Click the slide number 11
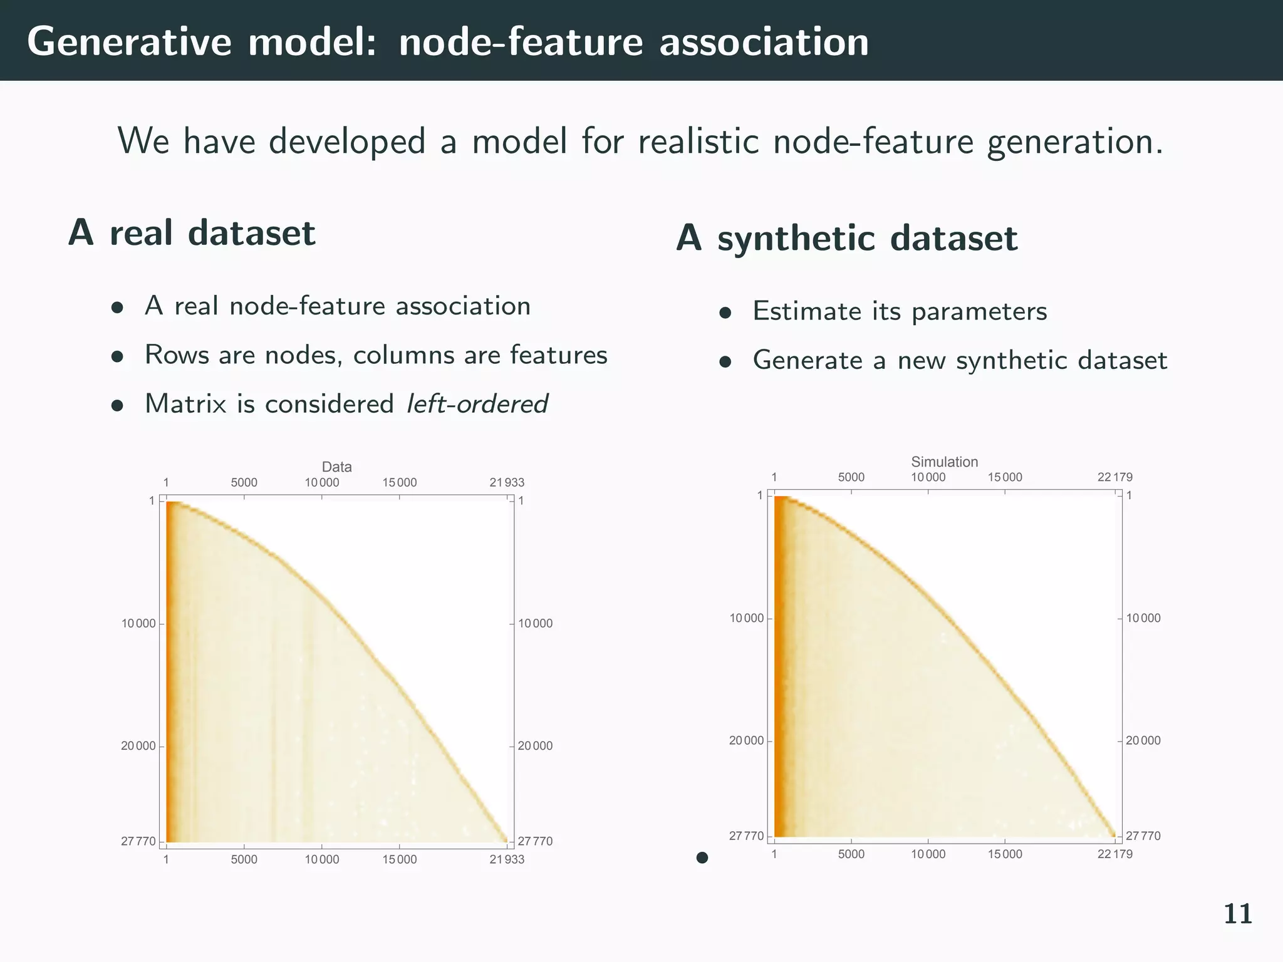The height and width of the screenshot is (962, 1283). click(1237, 914)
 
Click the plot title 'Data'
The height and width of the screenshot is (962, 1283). click(336, 467)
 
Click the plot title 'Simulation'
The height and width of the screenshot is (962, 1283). click(944, 462)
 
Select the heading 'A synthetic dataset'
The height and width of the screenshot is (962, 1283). click(847, 238)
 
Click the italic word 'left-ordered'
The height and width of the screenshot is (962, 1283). click(477, 403)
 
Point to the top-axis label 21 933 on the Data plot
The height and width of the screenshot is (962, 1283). click(506, 482)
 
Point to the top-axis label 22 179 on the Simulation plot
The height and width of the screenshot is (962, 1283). click(1114, 477)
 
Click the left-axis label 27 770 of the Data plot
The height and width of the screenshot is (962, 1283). click(138, 841)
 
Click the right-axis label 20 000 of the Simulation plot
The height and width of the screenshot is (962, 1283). click(1143, 740)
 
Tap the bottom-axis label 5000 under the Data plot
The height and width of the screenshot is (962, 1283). click(244, 859)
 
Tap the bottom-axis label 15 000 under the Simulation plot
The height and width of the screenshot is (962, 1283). click(1005, 854)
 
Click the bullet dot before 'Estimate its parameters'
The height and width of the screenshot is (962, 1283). click(725, 313)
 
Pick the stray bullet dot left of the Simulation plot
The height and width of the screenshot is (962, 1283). click(702, 857)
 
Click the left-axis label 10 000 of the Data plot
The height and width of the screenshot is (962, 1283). click(138, 623)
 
